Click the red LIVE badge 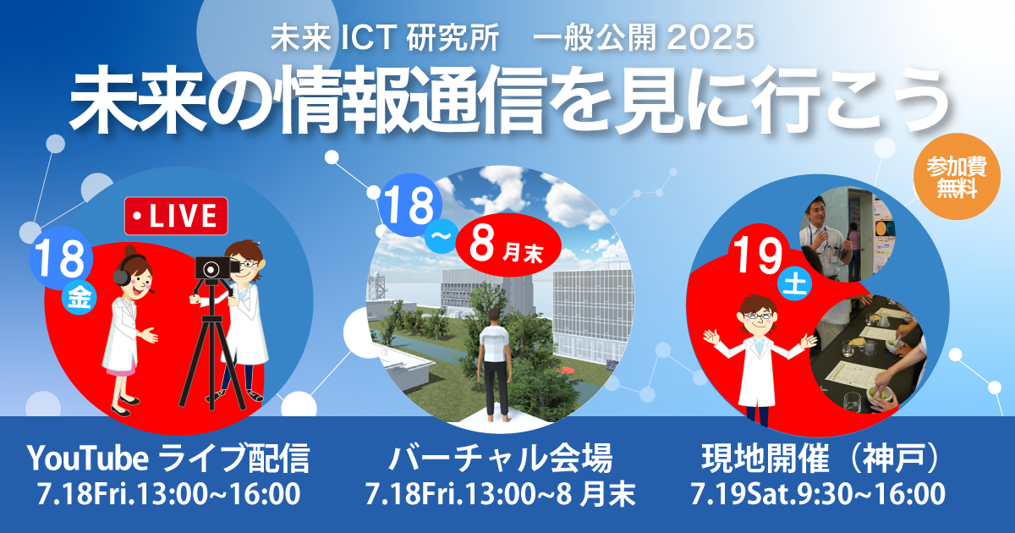pos(176,216)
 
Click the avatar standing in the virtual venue pos(494,364)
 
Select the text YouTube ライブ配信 pos(168,460)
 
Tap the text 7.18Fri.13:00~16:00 pos(168,493)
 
